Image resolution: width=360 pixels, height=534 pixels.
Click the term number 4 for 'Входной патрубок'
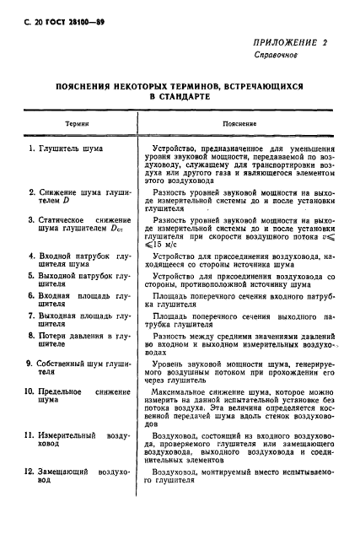click(30, 256)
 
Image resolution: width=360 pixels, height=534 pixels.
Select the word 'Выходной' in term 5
click(61, 275)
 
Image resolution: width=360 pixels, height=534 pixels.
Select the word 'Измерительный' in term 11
click(69, 435)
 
